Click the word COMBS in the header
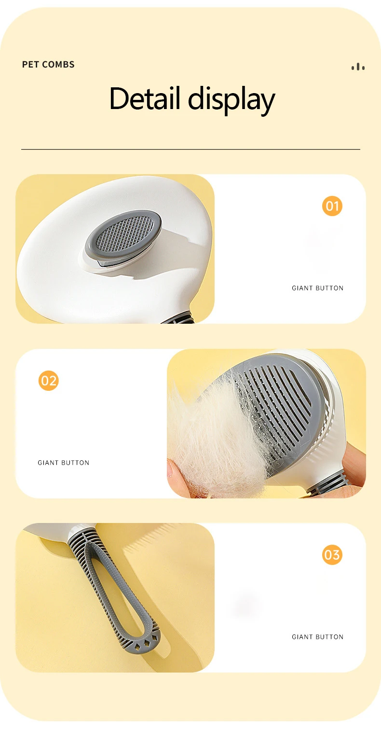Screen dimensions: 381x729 pyautogui.click(x=58, y=65)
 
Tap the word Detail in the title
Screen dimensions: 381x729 pyautogui.click(x=145, y=98)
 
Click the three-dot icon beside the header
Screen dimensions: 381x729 pyautogui.click(x=358, y=67)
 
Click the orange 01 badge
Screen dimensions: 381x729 pyautogui.click(x=332, y=206)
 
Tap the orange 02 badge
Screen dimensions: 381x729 pyautogui.click(x=49, y=381)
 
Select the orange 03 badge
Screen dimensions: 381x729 pyautogui.click(x=332, y=554)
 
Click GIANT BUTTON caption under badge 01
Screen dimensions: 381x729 pyautogui.click(x=317, y=288)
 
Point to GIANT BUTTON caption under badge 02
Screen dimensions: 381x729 pyautogui.click(x=64, y=463)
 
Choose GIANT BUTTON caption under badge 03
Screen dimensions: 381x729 pyautogui.click(x=317, y=637)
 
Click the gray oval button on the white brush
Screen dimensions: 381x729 pyautogui.click(x=123, y=235)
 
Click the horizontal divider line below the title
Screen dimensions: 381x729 pyautogui.click(x=190, y=150)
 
